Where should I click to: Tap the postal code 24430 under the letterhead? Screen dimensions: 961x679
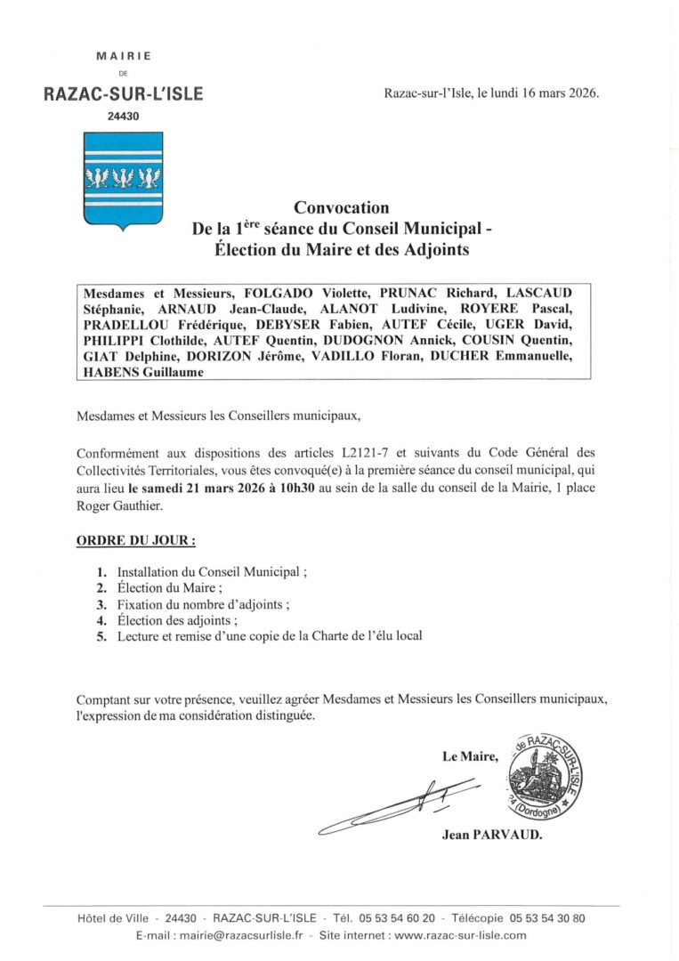point(124,116)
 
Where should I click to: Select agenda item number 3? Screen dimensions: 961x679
point(102,604)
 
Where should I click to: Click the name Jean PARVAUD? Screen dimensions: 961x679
point(491,835)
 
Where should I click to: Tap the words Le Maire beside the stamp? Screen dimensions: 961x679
point(471,757)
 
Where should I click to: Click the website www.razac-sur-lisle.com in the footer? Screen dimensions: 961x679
point(460,935)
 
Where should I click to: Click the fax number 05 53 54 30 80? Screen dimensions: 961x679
point(547,917)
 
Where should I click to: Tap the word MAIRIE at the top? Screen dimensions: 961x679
point(124,56)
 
